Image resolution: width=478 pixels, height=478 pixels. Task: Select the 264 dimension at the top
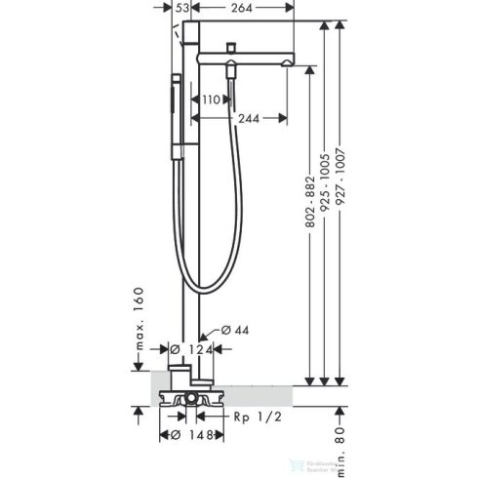click(245, 9)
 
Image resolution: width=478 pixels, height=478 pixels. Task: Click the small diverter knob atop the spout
click(230, 47)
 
